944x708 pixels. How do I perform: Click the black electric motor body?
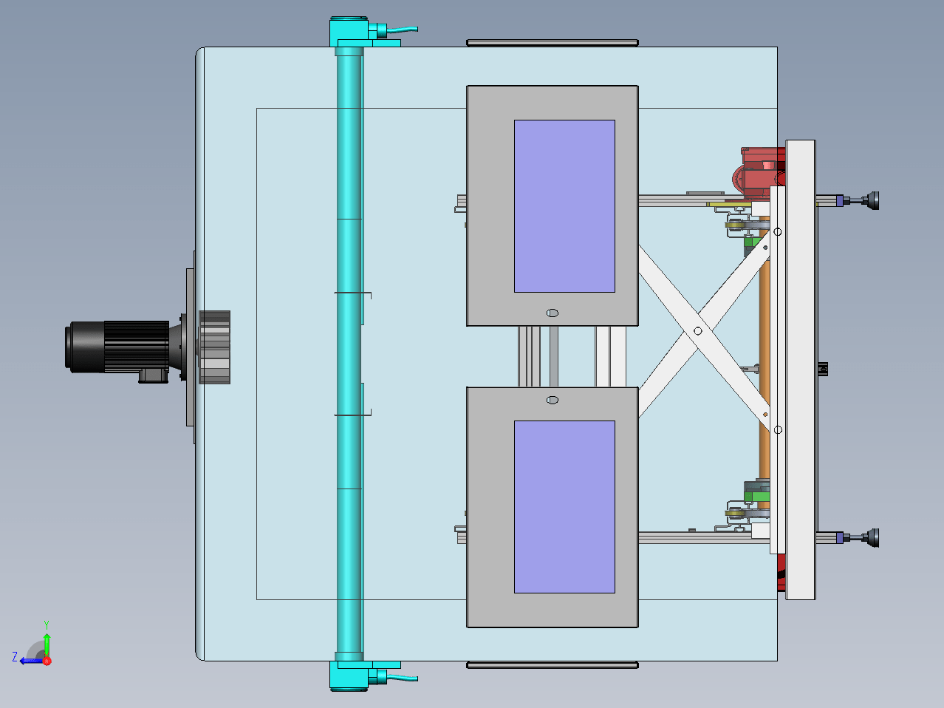click(x=117, y=347)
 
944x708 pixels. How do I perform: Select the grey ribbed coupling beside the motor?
click(x=215, y=347)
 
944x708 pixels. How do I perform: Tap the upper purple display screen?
click(x=564, y=206)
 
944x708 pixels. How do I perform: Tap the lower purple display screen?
click(x=564, y=507)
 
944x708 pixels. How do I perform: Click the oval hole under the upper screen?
click(x=553, y=313)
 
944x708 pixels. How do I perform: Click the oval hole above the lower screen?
click(x=553, y=400)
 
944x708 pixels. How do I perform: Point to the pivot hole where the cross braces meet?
click(x=698, y=331)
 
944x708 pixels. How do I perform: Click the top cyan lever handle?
click(x=403, y=30)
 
